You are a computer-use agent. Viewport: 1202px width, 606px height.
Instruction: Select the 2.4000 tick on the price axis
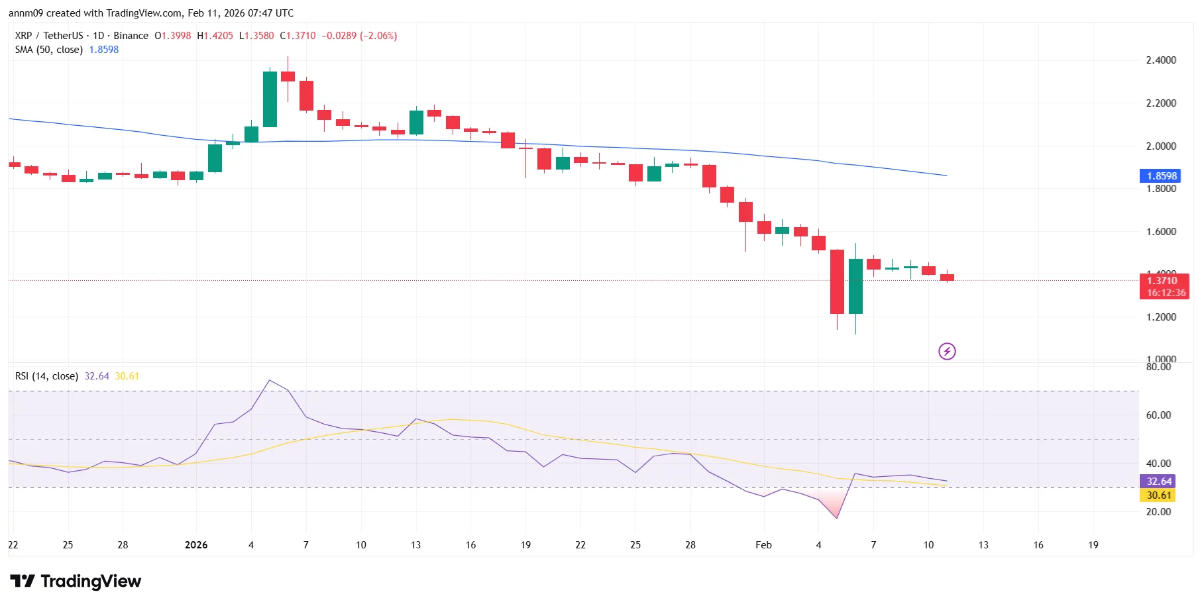point(1161,60)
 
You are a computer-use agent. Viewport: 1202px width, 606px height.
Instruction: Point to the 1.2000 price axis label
point(1161,317)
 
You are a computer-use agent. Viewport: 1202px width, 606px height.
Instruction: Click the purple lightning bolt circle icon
point(947,351)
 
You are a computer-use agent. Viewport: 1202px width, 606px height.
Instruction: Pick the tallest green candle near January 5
point(270,99)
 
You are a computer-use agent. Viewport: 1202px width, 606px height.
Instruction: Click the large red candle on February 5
point(837,281)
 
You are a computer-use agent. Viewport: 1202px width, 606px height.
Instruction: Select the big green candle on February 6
point(855,286)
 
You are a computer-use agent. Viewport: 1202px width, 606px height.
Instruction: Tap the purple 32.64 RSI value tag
point(1158,481)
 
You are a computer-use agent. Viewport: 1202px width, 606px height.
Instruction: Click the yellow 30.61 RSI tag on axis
point(1158,495)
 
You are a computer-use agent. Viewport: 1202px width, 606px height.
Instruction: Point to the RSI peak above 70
point(269,381)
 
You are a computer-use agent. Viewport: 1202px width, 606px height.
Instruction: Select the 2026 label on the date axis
point(196,545)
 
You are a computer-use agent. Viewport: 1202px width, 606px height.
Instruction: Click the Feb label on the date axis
point(763,545)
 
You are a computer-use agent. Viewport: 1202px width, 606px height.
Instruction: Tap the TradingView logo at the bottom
point(76,581)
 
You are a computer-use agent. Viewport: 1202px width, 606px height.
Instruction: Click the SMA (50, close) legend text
point(49,50)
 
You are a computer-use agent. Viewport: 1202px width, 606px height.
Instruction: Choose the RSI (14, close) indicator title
point(46,376)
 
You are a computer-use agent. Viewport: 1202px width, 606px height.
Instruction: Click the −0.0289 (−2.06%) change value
point(359,36)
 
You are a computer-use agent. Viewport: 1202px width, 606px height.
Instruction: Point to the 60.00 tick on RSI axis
point(1158,415)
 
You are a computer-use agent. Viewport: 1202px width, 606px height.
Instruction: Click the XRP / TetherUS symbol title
point(49,36)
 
